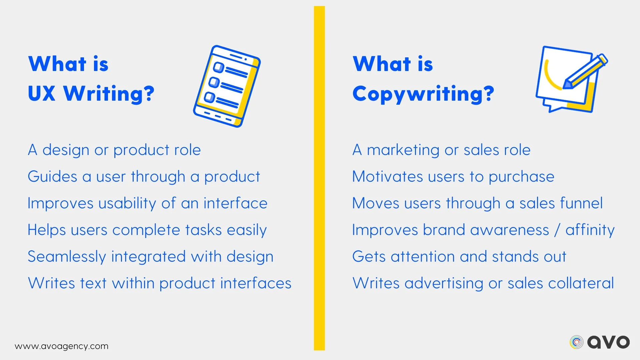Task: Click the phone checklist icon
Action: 227,86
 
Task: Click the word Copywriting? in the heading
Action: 423,94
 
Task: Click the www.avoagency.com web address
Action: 62,346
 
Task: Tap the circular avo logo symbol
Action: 576,342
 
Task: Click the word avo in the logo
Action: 608,342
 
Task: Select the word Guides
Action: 52,176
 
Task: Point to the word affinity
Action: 590,230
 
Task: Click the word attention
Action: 423,257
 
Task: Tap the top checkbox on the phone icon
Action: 218,67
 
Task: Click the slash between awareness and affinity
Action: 557,230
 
